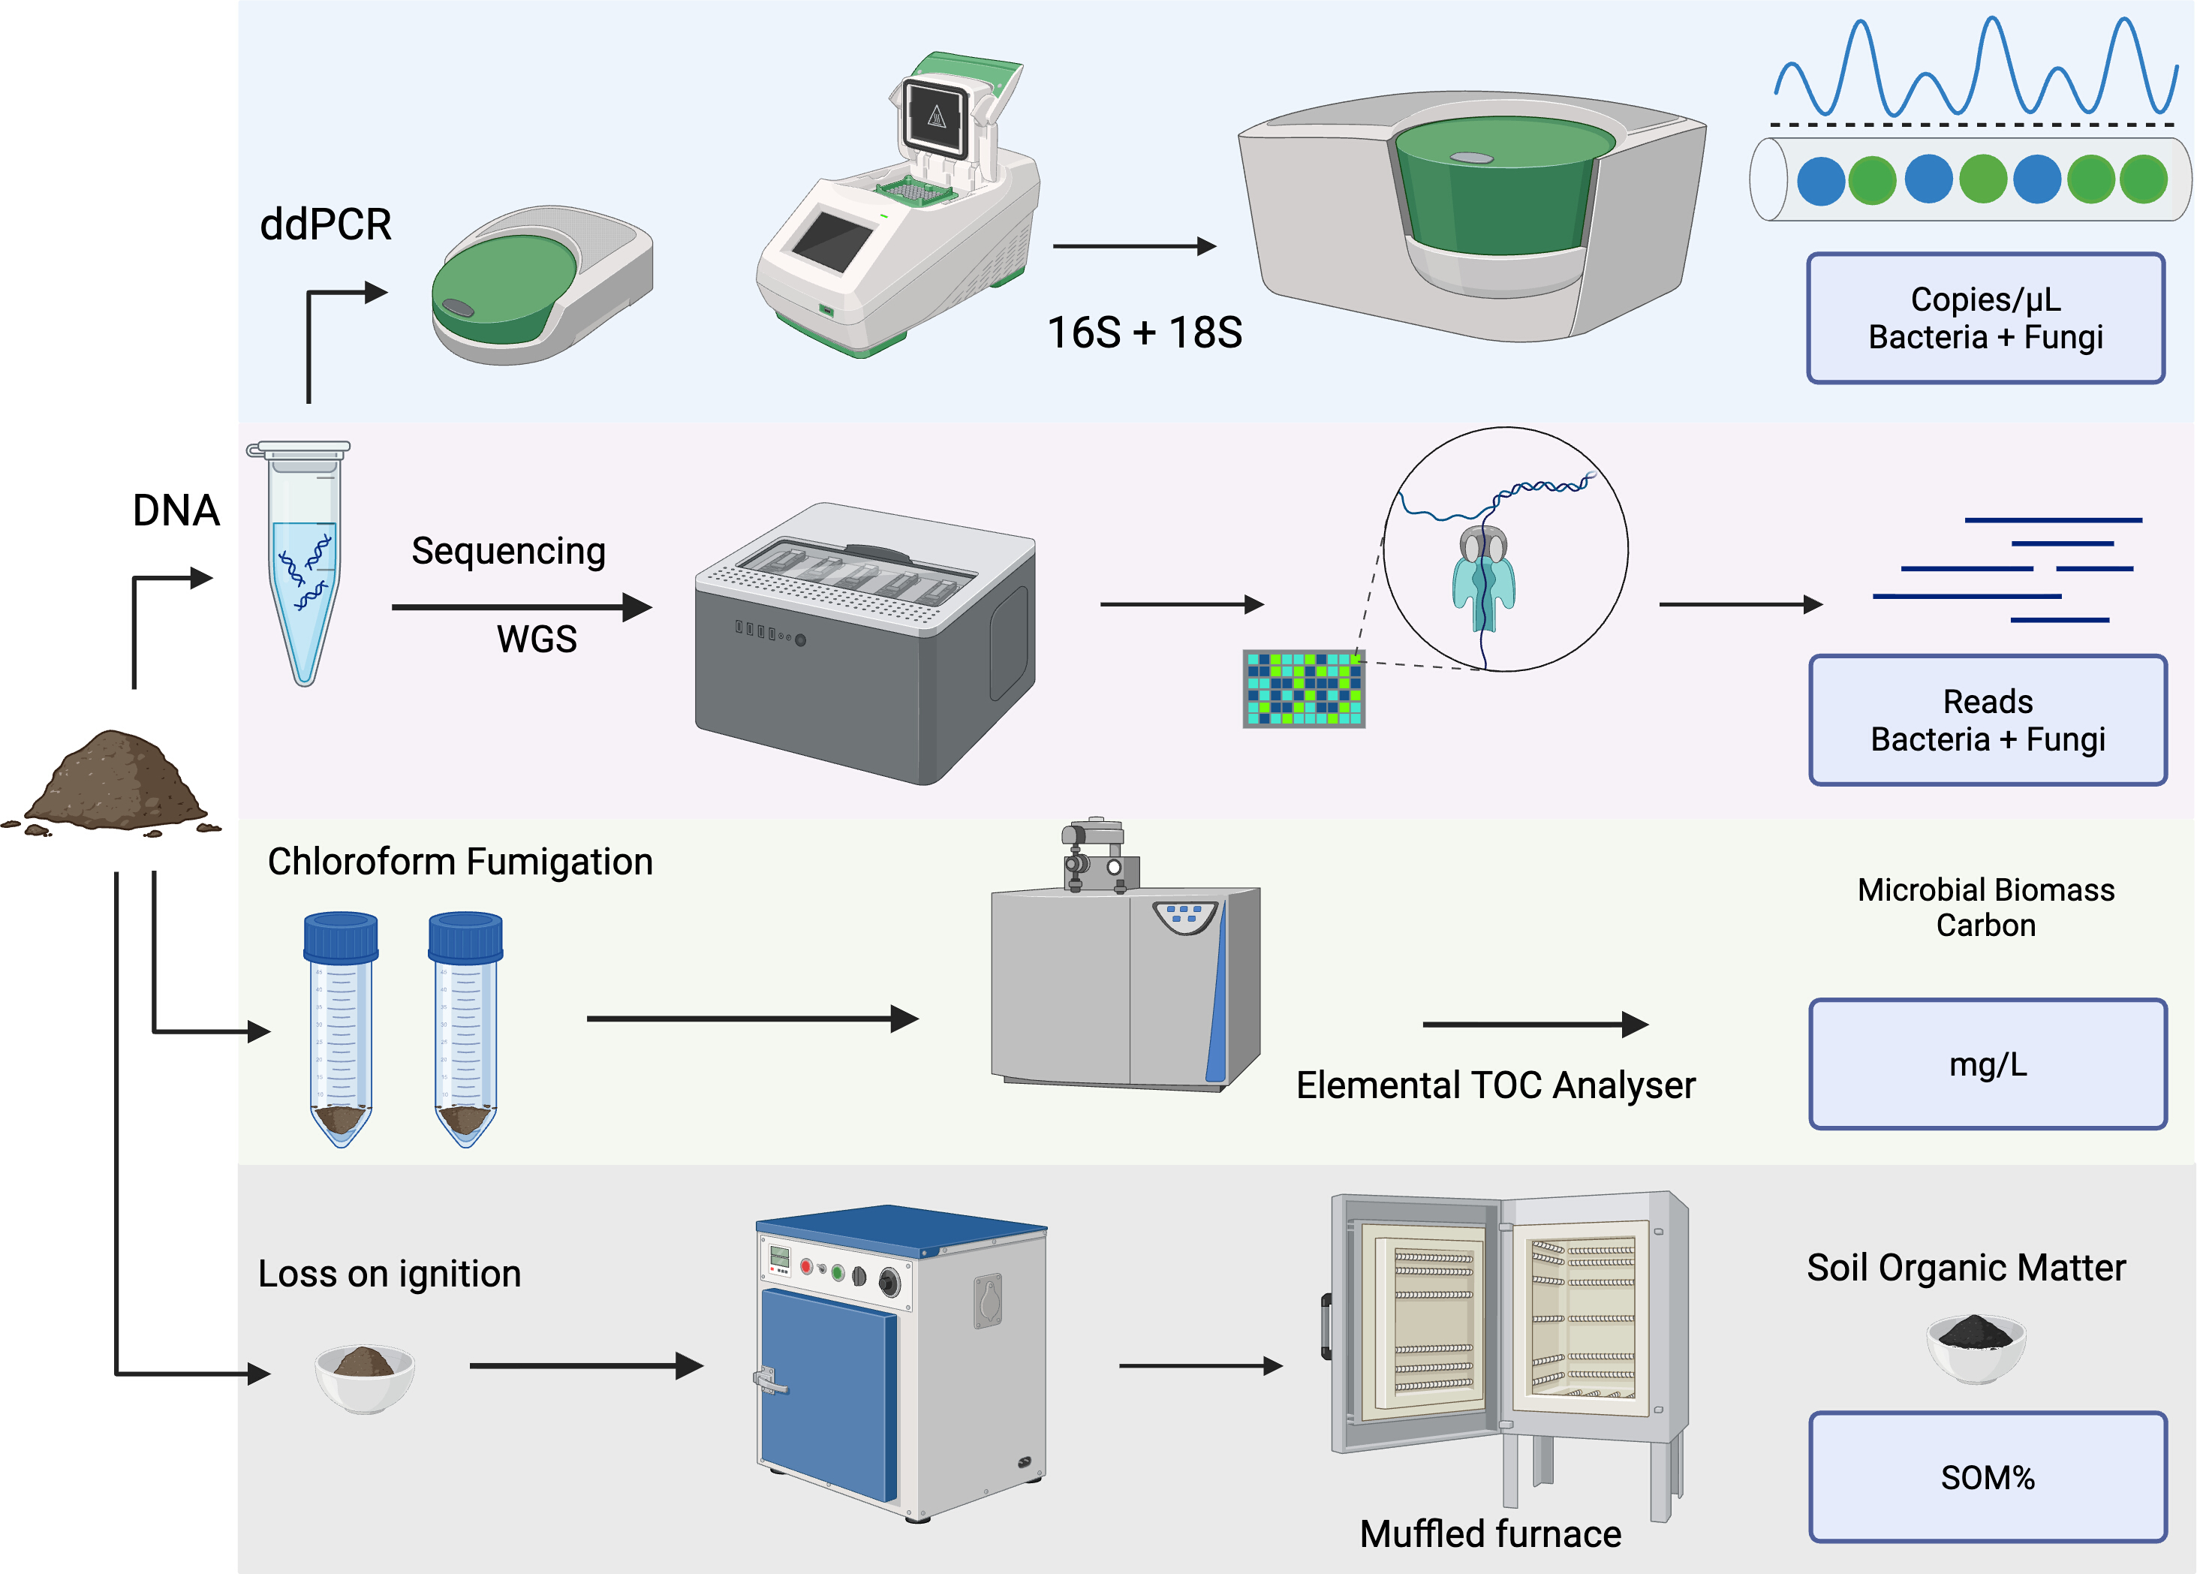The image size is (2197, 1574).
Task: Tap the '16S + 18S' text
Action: click(x=1144, y=333)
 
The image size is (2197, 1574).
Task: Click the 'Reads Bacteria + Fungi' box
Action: click(x=1988, y=720)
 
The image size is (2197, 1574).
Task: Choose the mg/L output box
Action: click(x=1988, y=1064)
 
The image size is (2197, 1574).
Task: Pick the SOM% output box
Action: click(x=1988, y=1477)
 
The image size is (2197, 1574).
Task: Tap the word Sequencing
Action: click(x=509, y=551)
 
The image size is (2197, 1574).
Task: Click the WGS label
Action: click(x=537, y=640)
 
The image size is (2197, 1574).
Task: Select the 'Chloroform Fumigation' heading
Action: click(x=460, y=861)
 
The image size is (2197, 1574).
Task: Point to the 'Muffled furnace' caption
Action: click(x=1490, y=1533)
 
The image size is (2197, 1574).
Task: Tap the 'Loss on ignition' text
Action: click(x=390, y=1274)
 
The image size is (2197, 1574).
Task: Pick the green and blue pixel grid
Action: click(x=1304, y=689)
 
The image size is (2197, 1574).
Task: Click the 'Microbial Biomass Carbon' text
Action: click(x=1986, y=907)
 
